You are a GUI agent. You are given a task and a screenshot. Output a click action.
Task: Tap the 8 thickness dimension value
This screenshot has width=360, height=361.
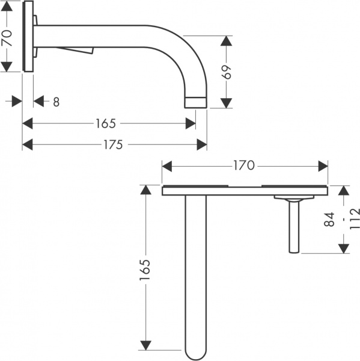56,102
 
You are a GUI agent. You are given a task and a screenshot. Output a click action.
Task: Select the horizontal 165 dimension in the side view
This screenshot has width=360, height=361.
105,123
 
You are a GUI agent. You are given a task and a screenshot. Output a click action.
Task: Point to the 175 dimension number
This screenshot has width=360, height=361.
114,144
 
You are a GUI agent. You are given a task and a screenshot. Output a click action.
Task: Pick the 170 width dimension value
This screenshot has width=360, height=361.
244,165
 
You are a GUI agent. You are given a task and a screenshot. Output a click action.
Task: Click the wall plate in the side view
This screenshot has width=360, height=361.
28,37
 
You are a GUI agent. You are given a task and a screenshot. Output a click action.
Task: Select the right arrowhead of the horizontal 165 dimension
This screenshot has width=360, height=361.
191,123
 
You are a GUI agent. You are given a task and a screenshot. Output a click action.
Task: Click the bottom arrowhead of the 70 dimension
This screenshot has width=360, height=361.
7,67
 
